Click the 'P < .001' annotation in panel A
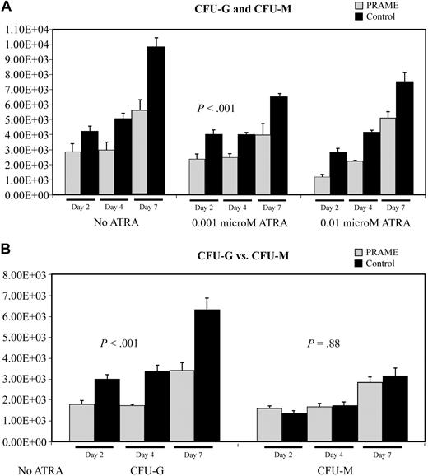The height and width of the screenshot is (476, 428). pyautogui.click(x=213, y=108)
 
